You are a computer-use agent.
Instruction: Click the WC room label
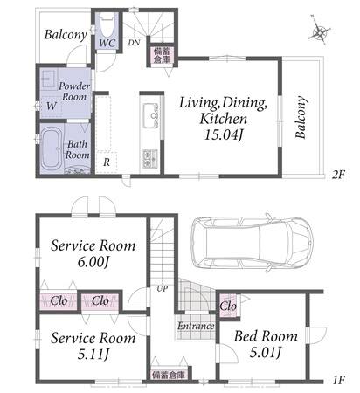[x=107, y=43]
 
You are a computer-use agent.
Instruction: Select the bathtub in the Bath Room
[x=52, y=149]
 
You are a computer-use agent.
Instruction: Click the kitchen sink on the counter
[x=150, y=115]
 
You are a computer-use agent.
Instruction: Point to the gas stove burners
[x=150, y=159]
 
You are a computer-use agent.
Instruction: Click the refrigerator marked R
[x=107, y=162]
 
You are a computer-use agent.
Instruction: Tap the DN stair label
[x=134, y=43]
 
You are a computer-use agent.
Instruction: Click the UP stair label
[x=163, y=288]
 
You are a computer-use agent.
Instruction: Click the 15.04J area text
[x=224, y=134]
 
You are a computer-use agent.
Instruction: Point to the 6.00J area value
[x=93, y=262]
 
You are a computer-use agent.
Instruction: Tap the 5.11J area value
[x=93, y=355]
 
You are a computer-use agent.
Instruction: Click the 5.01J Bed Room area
[x=265, y=353]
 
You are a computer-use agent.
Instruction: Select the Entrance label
[x=196, y=326]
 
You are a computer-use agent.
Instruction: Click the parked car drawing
[x=252, y=243]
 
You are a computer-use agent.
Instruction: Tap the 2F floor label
[x=338, y=175]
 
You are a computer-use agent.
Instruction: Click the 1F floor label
[x=338, y=380]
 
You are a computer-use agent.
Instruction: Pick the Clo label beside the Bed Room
[x=228, y=306]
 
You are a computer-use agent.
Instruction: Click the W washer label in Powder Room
[x=52, y=106]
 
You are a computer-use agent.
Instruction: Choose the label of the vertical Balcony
[x=301, y=117]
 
